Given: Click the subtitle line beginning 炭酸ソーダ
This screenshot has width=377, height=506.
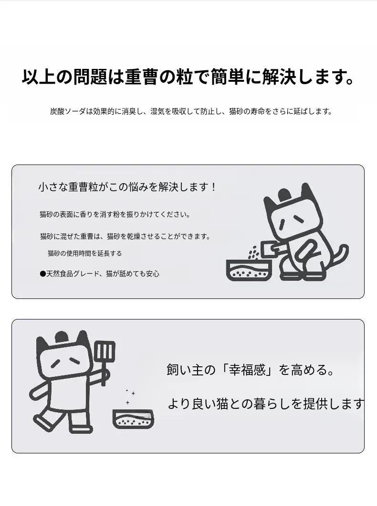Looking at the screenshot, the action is click(x=191, y=111).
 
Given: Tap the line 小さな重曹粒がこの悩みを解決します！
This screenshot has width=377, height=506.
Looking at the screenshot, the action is click(x=127, y=187).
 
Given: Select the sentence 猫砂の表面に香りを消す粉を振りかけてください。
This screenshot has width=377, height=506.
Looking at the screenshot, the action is click(x=115, y=215).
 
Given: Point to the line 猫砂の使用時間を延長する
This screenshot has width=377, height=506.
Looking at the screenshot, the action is click(x=85, y=253).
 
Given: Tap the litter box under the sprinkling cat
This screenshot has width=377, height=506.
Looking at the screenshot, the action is click(x=249, y=270).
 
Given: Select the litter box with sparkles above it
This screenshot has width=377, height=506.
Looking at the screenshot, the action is click(x=133, y=419).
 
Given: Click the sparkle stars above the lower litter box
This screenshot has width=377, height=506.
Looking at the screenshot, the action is click(x=130, y=396).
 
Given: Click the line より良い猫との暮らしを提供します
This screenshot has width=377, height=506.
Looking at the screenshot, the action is click(x=266, y=404).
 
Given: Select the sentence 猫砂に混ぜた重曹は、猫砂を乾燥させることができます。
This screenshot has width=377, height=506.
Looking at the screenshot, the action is click(x=126, y=237).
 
